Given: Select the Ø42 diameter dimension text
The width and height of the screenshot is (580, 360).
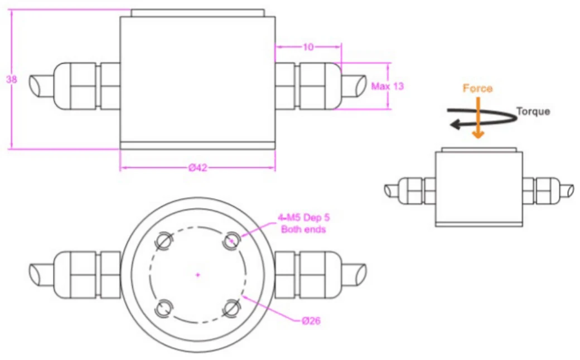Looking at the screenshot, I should (198, 168).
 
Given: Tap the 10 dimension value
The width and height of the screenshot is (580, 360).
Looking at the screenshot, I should (308, 47).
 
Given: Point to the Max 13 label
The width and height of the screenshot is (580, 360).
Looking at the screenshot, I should (387, 86).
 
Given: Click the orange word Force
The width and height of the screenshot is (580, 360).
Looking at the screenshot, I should (477, 88).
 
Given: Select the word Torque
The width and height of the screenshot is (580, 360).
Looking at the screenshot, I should (533, 111).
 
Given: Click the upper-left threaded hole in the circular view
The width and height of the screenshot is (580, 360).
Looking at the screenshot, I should (163, 240).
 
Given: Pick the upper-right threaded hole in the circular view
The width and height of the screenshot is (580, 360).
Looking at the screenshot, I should (231, 240).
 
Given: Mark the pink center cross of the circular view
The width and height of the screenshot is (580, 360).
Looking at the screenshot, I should (198, 274).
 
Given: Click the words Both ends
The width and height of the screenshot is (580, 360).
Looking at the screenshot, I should (303, 229).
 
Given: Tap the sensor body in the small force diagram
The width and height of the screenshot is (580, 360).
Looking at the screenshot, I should (479, 188).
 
